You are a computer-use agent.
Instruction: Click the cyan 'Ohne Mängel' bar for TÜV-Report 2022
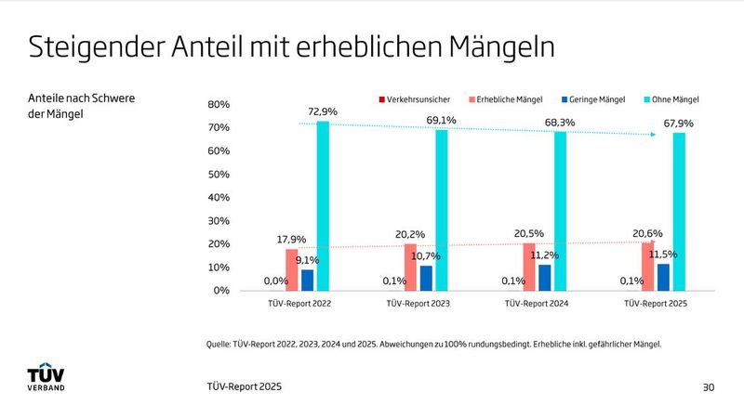[x=323, y=206]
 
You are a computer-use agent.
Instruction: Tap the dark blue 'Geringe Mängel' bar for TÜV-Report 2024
[x=545, y=278]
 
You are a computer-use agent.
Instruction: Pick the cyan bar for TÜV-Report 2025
[x=679, y=212]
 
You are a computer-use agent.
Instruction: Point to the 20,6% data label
[x=648, y=233]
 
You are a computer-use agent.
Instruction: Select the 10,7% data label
[x=425, y=255]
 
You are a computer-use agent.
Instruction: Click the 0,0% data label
[x=276, y=281]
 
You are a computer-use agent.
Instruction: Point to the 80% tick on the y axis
[x=218, y=105]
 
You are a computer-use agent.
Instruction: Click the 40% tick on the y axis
[x=218, y=198]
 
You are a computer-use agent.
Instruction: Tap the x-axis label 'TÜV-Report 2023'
[x=418, y=304]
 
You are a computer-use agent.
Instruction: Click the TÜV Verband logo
[x=46, y=377]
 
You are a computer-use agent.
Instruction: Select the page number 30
[x=709, y=385]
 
